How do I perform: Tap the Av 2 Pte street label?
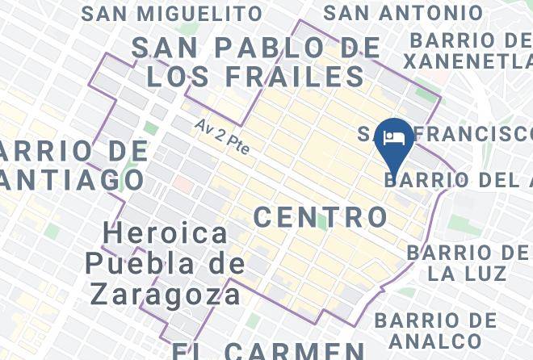pos(222,137)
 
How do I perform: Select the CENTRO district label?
pos(321,216)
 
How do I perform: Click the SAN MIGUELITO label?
pos(172,14)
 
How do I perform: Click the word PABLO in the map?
pos(260,47)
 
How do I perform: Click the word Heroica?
pos(166,234)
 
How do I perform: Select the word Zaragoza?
pos(166,293)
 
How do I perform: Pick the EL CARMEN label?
pos(267,350)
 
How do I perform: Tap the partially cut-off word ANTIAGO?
pos(72,179)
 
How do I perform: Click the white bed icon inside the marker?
pos(395,136)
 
